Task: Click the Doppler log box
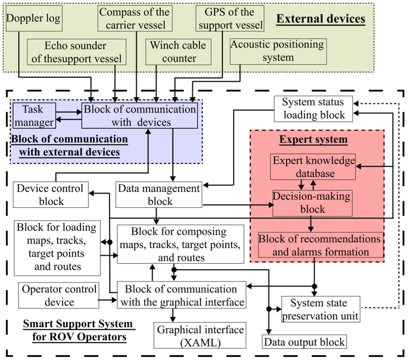click(x=34, y=18)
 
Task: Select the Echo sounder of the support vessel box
click(x=76, y=52)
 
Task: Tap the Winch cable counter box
click(x=178, y=52)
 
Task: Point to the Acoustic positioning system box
click(x=278, y=51)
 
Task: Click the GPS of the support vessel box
click(x=230, y=18)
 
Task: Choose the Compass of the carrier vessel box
click(x=135, y=18)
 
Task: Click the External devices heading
click(x=321, y=19)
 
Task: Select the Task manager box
click(x=34, y=116)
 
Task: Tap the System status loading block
click(x=313, y=109)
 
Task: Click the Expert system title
click(x=313, y=139)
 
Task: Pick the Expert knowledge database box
click(x=313, y=167)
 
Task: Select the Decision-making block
click(x=312, y=203)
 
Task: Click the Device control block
click(x=51, y=195)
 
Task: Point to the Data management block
click(x=159, y=195)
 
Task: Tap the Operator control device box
click(x=59, y=295)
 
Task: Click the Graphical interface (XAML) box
click(x=200, y=336)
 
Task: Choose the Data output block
click(x=304, y=342)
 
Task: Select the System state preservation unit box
click(x=320, y=309)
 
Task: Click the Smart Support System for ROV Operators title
click(x=78, y=330)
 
